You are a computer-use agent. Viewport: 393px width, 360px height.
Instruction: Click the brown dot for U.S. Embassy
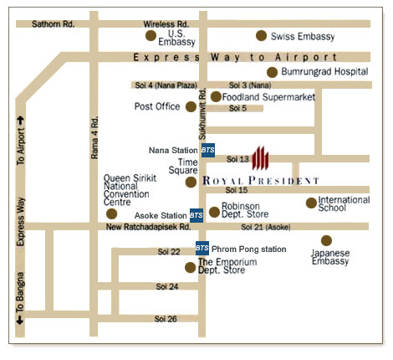click(150, 36)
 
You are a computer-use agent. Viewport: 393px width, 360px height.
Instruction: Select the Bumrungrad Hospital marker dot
click(272, 72)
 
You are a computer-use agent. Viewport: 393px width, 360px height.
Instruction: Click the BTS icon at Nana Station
click(207, 150)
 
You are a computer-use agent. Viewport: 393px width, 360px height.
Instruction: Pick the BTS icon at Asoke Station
click(196, 214)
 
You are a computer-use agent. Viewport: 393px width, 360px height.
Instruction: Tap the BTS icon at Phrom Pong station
click(202, 249)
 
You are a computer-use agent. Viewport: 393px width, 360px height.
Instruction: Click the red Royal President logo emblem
click(261, 157)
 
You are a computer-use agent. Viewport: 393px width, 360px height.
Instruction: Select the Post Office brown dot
click(191, 106)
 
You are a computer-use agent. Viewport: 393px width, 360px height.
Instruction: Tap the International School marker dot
click(311, 203)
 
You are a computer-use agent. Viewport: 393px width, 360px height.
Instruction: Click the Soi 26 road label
click(166, 319)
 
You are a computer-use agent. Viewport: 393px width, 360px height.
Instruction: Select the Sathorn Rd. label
click(53, 24)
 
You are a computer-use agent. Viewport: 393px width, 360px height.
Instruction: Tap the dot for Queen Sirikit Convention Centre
click(112, 213)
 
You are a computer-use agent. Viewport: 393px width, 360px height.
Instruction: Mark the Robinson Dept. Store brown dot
click(214, 212)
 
